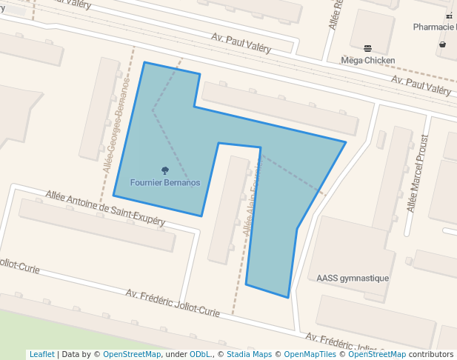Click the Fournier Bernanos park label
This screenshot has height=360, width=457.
pos(165,182)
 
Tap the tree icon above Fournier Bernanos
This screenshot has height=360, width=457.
pos(165,171)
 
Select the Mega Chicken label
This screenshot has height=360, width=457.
pos(367,60)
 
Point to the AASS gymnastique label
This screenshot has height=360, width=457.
pos(353,279)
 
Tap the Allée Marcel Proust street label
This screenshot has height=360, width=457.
pos(418,173)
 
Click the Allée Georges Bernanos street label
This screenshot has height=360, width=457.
pos(116,124)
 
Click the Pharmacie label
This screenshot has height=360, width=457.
pos(435,27)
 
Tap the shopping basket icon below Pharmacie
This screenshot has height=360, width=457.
pos(442,44)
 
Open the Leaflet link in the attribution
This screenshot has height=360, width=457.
pos(41,355)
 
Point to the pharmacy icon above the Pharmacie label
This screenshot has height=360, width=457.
pos(449,16)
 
